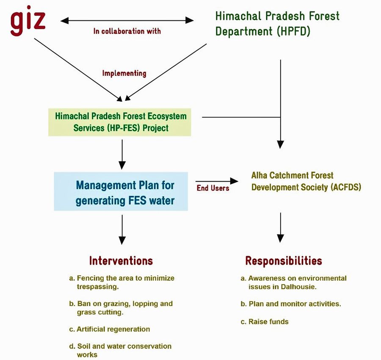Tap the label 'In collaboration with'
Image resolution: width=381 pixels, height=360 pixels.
(127, 31)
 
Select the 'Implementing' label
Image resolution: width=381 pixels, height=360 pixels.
(124, 73)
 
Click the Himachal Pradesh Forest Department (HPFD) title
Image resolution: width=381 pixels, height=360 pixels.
(277, 24)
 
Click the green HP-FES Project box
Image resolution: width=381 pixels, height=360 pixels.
(120, 122)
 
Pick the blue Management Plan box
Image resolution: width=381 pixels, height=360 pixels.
(121, 191)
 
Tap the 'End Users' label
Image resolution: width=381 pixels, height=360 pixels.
(213, 188)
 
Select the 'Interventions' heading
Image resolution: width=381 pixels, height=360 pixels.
(121, 260)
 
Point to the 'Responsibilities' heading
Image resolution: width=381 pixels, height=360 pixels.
(283, 260)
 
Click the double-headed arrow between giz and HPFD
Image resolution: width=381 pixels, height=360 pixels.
(127, 20)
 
